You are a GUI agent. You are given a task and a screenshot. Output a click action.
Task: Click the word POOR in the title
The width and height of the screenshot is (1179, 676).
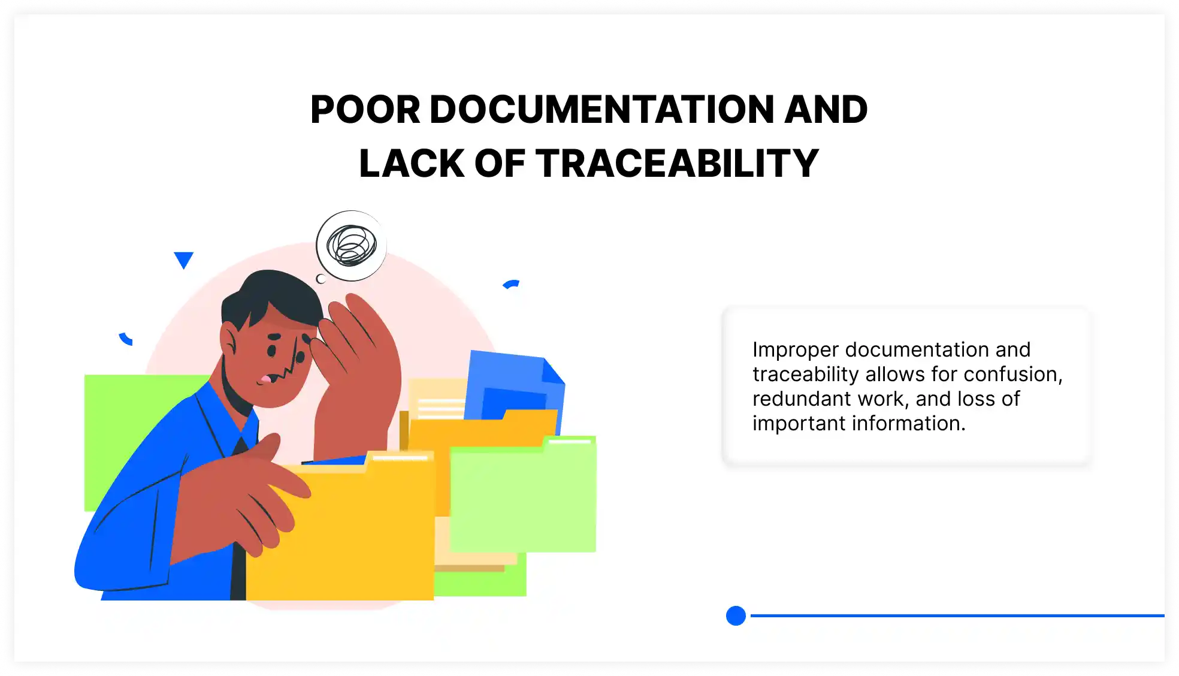[365, 110]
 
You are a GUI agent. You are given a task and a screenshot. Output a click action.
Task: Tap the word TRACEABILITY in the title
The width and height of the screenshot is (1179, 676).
[677, 164]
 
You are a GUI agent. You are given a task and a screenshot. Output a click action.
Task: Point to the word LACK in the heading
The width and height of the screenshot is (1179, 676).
[412, 164]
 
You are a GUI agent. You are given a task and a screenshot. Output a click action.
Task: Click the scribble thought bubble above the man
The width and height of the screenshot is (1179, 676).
[352, 246]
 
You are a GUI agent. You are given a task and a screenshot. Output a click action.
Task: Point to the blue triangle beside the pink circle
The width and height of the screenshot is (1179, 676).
[183, 259]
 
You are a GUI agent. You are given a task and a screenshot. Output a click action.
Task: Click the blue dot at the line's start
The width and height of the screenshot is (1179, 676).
[736, 615]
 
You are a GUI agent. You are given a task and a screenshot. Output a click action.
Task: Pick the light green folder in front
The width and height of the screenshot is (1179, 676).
[522, 497]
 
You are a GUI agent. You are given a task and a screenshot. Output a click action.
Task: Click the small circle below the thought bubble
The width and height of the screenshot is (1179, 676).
[321, 279]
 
